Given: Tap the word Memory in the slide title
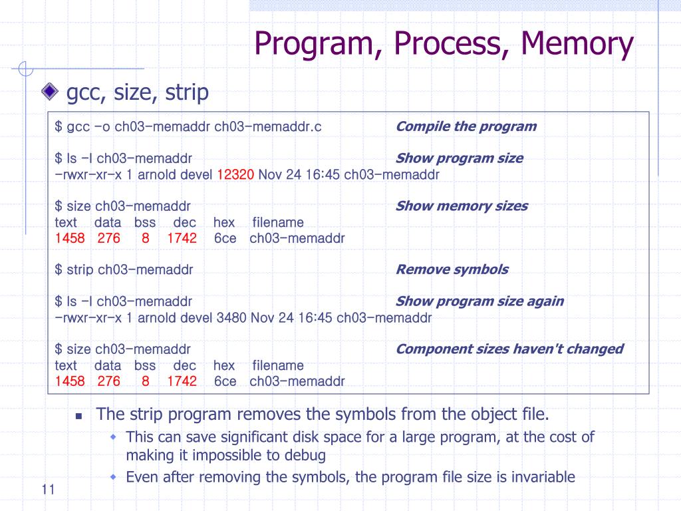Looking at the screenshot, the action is (x=577, y=44).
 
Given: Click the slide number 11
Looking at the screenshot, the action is (x=47, y=490).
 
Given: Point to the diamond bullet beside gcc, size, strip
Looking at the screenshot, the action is (x=49, y=92).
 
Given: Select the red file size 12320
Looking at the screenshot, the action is (x=235, y=174).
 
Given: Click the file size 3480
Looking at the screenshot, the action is (x=231, y=317).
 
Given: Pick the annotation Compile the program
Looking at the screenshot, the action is (x=466, y=126).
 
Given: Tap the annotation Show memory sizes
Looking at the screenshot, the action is (x=462, y=206).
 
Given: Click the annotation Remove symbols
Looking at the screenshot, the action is (x=452, y=269).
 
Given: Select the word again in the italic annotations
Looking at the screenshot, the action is (x=546, y=301).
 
